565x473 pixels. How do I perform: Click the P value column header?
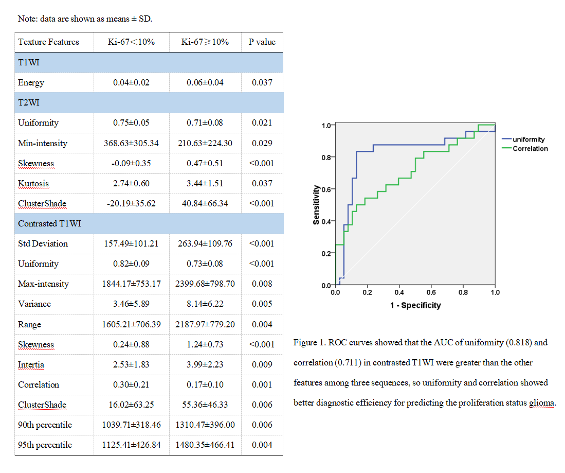click(262, 42)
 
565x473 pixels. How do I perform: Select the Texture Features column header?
click(48, 42)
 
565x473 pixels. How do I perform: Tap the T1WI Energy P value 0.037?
click(262, 82)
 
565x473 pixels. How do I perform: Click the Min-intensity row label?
click(42, 143)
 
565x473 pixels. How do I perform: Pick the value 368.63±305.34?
click(131, 143)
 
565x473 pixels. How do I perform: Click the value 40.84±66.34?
click(205, 203)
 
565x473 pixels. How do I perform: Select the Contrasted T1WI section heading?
click(49, 223)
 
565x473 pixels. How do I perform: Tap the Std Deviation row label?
click(43, 243)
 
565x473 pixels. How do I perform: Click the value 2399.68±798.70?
click(205, 284)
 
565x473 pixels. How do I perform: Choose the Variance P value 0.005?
click(262, 304)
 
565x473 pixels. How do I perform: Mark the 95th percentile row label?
click(45, 445)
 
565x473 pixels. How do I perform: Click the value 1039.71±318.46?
click(131, 425)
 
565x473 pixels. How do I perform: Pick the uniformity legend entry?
click(528, 139)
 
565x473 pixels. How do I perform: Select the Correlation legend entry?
click(530, 149)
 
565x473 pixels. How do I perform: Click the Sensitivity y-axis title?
click(316, 205)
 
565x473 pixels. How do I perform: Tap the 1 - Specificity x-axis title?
click(415, 305)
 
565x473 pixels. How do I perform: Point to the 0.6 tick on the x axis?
click(431, 293)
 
